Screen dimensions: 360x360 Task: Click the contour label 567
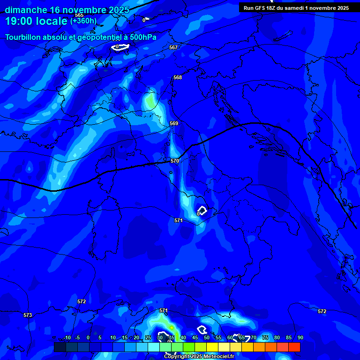(x=173, y=47)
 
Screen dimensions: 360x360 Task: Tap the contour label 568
(x=177, y=77)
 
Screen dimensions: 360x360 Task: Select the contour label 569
(x=174, y=123)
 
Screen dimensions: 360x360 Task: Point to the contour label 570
(x=175, y=161)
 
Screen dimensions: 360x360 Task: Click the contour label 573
(x=28, y=315)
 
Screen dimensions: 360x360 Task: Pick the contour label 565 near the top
(x=79, y=15)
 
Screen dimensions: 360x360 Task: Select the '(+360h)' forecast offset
(x=83, y=21)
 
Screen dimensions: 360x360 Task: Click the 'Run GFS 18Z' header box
(x=296, y=8)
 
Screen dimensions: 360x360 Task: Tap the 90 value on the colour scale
(x=300, y=337)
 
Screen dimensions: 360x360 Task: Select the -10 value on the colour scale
(x=67, y=337)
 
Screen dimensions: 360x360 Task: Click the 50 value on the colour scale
(x=206, y=337)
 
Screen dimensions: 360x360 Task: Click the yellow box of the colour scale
(x=212, y=347)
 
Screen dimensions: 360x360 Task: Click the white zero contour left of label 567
(x=121, y=46)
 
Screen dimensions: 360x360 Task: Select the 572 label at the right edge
(x=322, y=311)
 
